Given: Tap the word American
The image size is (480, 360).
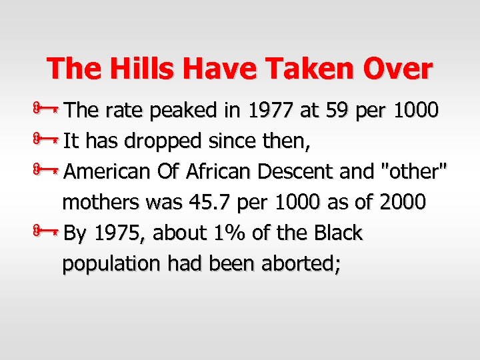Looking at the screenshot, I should [x=108, y=172].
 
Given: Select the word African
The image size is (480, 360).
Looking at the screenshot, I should [x=218, y=172].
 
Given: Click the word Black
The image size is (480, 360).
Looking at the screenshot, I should [x=336, y=233].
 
